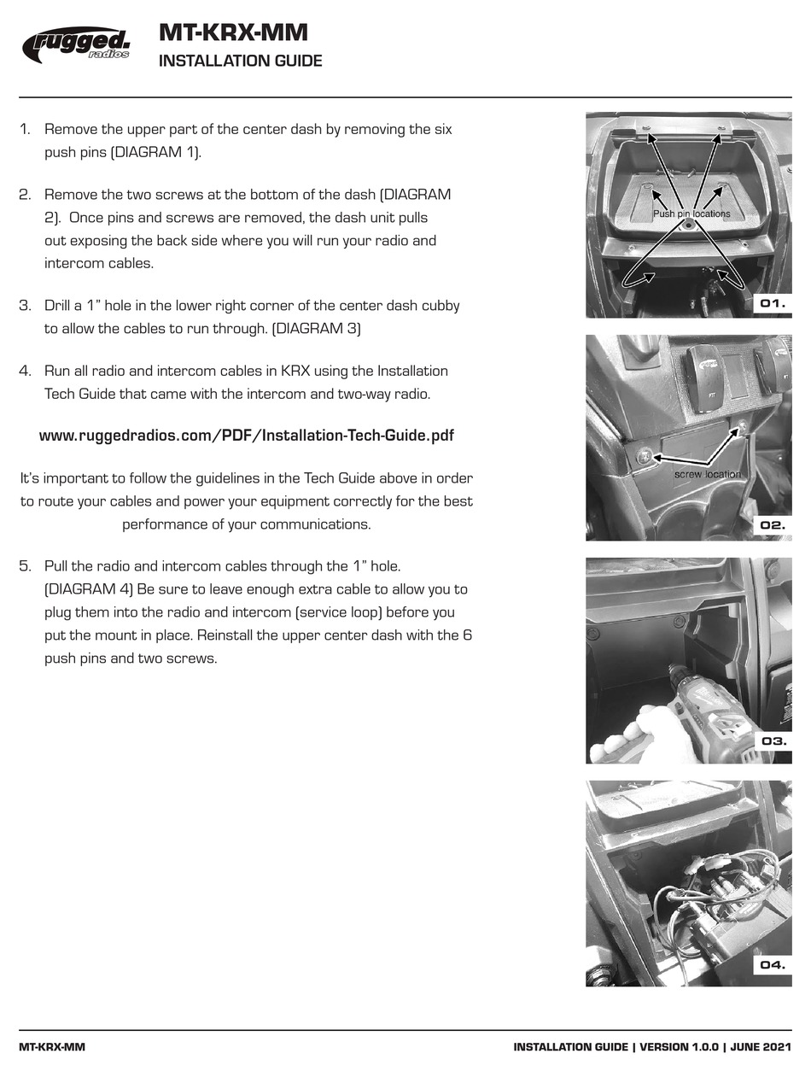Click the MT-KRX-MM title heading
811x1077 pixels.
[233, 32]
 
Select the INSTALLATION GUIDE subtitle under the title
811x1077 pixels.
[240, 61]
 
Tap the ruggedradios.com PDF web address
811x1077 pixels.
[246, 436]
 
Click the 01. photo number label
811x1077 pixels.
[773, 303]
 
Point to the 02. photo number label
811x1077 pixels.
[773, 525]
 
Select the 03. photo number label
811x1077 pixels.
[773, 740]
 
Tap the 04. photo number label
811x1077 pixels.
[773, 965]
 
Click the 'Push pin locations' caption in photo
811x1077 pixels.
[691, 214]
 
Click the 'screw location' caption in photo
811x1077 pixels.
[707, 474]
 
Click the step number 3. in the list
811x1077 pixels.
[26, 306]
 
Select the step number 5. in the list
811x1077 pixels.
[26, 566]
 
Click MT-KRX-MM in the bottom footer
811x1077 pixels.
[51, 1047]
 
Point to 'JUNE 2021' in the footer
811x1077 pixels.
[761, 1047]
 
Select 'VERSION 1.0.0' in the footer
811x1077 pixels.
[678, 1047]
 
